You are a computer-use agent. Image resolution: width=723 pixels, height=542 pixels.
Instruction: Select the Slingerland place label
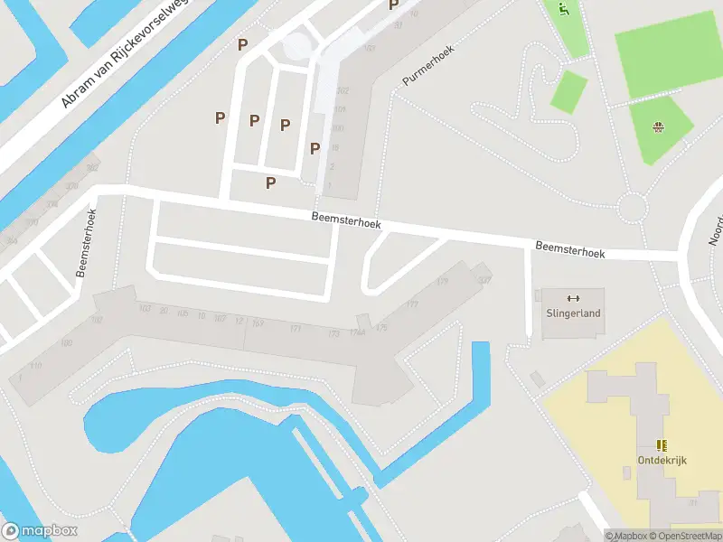tap(573, 313)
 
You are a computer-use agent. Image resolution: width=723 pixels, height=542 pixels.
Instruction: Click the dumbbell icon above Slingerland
tap(572, 299)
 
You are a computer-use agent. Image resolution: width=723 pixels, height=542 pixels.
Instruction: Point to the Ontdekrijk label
tap(655, 460)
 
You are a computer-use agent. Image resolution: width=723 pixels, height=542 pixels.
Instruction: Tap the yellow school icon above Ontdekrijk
tap(661, 444)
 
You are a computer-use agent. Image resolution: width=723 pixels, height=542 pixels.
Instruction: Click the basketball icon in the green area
tap(659, 126)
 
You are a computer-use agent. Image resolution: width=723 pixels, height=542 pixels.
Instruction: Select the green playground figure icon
tap(563, 11)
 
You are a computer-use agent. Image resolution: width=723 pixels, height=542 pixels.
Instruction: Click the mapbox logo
tap(40, 531)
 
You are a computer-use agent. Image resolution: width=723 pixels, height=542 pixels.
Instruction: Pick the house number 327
tap(484, 280)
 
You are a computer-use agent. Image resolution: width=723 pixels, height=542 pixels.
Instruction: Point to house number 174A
tap(359, 332)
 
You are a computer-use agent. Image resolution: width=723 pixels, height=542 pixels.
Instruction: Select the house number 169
tap(258, 323)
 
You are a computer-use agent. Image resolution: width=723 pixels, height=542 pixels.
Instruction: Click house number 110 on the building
tap(35, 365)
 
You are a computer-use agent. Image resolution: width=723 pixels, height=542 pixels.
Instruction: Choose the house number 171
tap(296, 328)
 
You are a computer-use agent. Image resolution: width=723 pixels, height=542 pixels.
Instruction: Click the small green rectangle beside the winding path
tap(568, 92)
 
